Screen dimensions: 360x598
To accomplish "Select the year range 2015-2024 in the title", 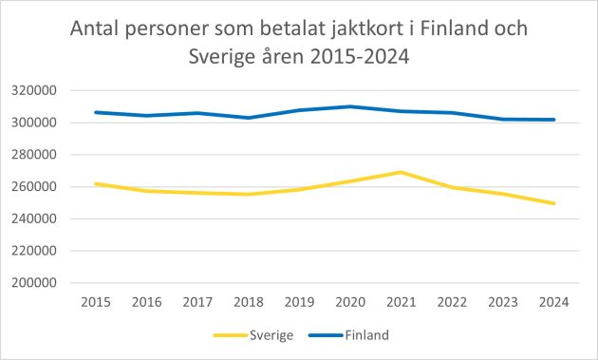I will [355, 58].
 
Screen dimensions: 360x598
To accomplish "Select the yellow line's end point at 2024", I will [554, 203].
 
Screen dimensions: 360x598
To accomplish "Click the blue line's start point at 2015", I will [96, 112].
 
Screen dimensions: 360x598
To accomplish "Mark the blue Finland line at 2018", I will [249, 118].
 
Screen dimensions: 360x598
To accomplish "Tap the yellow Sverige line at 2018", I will [249, 195].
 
